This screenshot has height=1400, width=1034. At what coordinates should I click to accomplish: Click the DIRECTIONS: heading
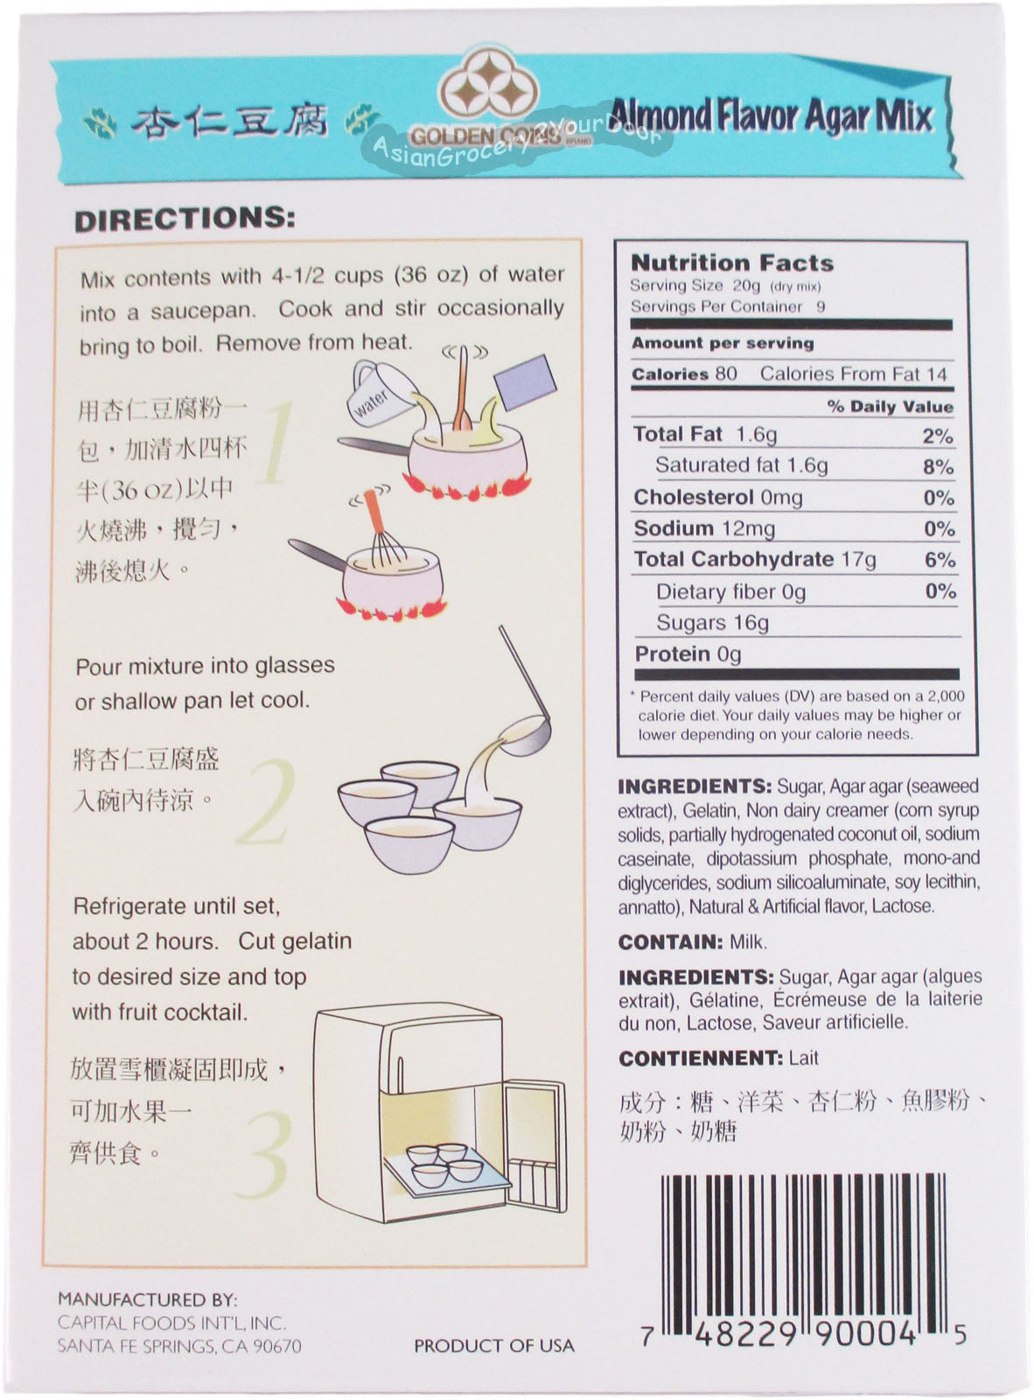pos(185,220)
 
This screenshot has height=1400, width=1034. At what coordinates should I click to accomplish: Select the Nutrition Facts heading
pos(732,262)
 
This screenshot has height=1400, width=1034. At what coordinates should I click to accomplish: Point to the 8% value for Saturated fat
pos(938,466)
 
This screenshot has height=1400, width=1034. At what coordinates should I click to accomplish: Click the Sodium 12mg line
pos(704,528)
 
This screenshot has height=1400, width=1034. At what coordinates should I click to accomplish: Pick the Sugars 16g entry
pos(713,622)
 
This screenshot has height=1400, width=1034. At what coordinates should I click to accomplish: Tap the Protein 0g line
pos(688,654)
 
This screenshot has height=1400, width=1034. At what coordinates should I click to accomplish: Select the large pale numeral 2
pos(267,801)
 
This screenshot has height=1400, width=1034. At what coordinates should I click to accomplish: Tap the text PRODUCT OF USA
pos(494,1345)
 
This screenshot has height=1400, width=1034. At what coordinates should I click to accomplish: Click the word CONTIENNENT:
pos(701,1059)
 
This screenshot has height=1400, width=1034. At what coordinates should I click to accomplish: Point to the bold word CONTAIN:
pos(670,942)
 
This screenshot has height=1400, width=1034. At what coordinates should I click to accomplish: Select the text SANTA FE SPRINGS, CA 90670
pos(179,1346)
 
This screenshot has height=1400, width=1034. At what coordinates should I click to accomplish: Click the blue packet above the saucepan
pos(525,381)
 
